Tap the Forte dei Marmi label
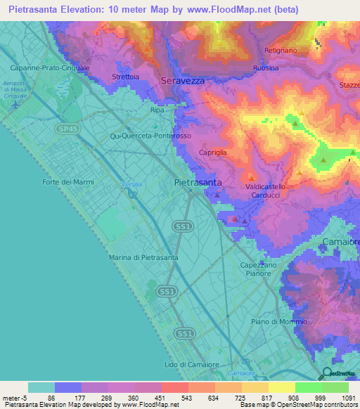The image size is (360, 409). pos(68,182)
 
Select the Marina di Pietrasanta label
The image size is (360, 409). pos(143,258)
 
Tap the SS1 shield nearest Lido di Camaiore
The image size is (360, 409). pos(184,332)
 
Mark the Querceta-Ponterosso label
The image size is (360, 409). pos(151,136)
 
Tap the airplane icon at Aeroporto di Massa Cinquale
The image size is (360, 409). pos(17,104)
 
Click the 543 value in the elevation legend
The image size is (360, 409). pos(174,398)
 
